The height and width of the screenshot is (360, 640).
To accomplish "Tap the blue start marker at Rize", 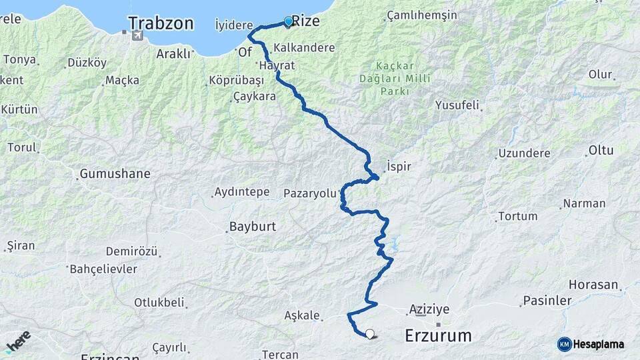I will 288,21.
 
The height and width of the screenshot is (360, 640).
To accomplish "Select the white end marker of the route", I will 369,334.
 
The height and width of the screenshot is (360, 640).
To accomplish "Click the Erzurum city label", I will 438,336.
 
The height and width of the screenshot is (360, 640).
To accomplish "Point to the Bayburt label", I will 252,227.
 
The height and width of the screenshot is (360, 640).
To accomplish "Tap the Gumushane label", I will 115,174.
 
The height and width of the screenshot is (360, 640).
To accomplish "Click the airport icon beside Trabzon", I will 137,35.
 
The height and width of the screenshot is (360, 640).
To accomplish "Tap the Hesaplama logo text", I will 599,345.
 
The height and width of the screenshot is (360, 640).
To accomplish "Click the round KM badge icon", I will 564,345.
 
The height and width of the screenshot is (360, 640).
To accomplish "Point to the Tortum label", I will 517,216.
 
